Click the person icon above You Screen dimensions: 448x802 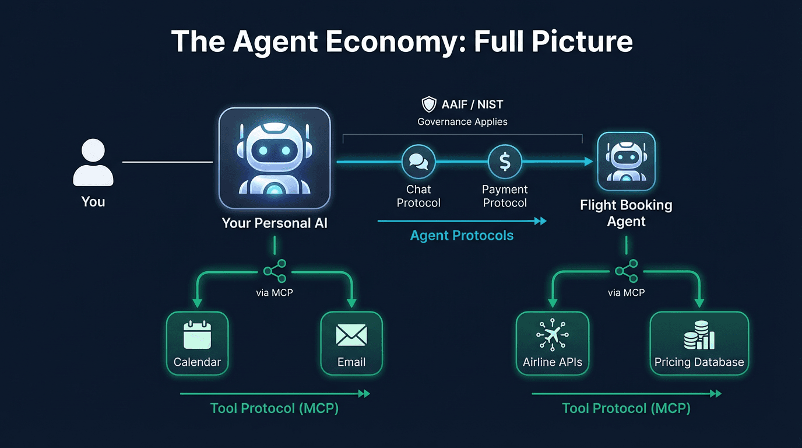[x=93, y=163]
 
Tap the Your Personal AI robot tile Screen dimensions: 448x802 [x=275, y=158]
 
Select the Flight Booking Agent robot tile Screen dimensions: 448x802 [x=627, y=161]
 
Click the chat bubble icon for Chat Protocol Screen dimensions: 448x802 [x=418, y=162]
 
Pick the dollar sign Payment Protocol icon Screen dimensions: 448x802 [x=505, y=162]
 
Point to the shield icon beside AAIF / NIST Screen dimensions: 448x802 [x=429, y=105]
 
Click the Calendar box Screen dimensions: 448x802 [x=197, y=343]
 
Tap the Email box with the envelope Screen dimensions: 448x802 [x=351, y=343]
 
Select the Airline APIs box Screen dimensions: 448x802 [x=552, y=343]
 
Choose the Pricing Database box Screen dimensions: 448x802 [x=699, y=343]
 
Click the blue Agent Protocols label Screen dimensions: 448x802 [x=462, y=236]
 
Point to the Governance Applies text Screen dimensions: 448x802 [x=462, y=122]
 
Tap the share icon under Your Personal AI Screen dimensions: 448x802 [x=275, y=271]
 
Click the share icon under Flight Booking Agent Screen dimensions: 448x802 [x=627, y=271]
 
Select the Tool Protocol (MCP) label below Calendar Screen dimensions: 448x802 [x=275, y=408]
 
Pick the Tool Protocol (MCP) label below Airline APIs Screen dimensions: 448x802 [x=626, y=408]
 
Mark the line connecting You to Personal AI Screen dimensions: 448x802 [x=167, y=162]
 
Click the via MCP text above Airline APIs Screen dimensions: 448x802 [x=627, y=293]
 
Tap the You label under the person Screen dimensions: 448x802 [x=93, y=202]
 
